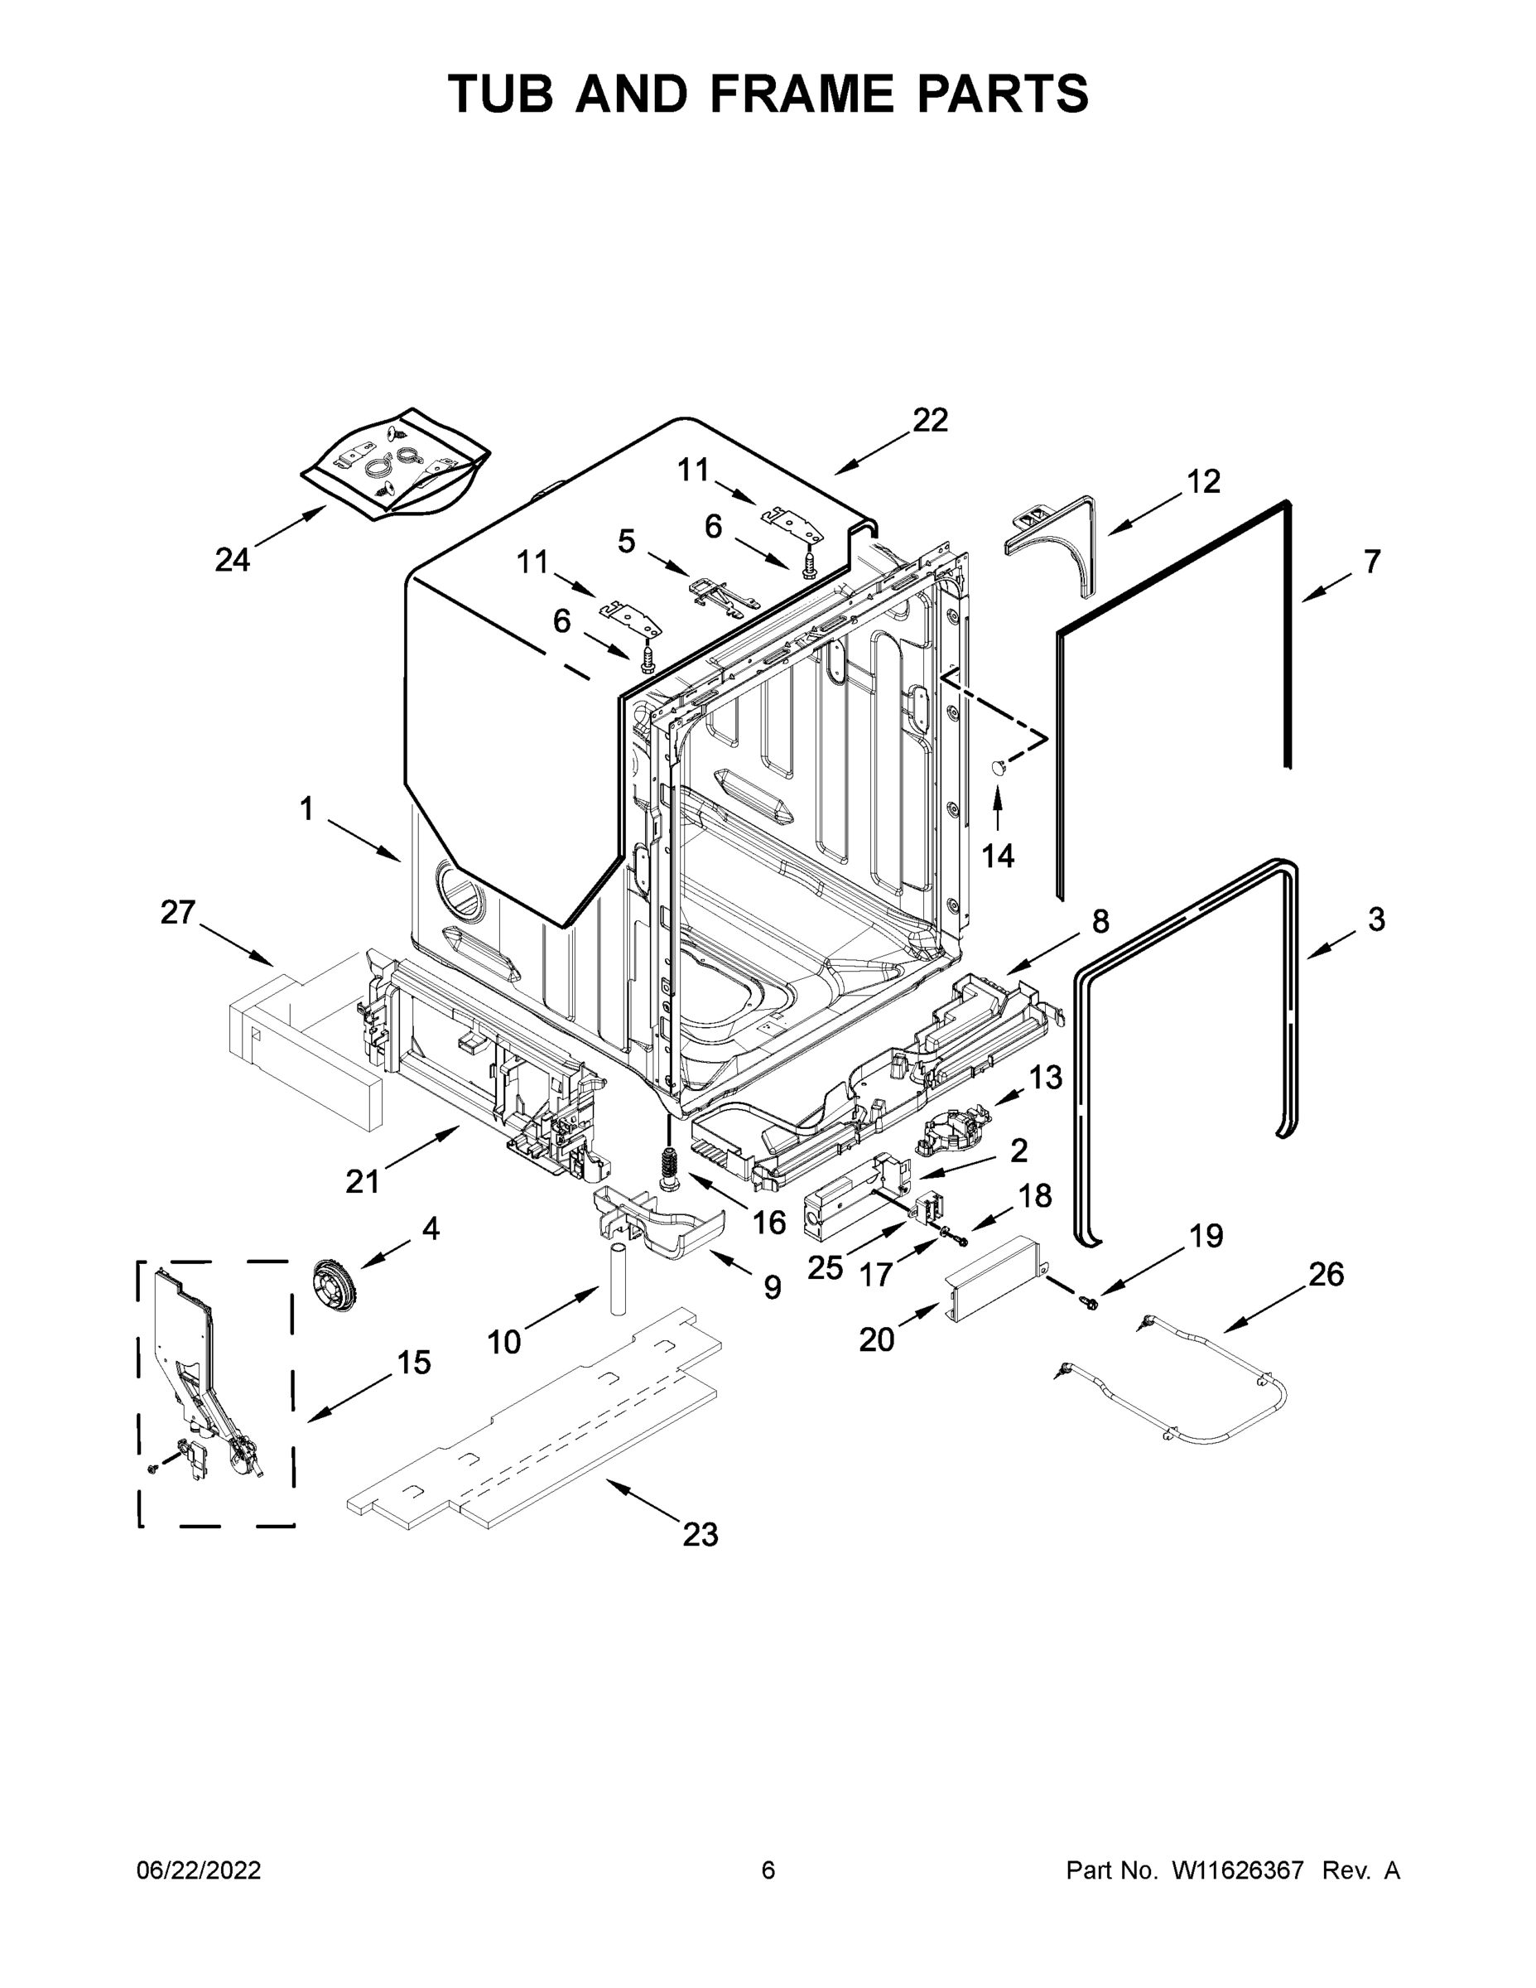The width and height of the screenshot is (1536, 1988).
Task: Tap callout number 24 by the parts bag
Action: click(232, 559)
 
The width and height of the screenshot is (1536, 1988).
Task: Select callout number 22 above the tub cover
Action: click(930, 420)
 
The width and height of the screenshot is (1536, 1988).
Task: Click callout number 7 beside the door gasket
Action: click(1371, 561)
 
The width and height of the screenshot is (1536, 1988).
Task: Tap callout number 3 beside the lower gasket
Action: click(1376, 919)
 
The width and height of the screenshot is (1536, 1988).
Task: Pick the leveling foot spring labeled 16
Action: click(672, 1167)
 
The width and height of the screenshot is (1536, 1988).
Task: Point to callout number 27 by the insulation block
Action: click(178, 911)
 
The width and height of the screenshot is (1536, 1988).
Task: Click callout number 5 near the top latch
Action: click(626, 541)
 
